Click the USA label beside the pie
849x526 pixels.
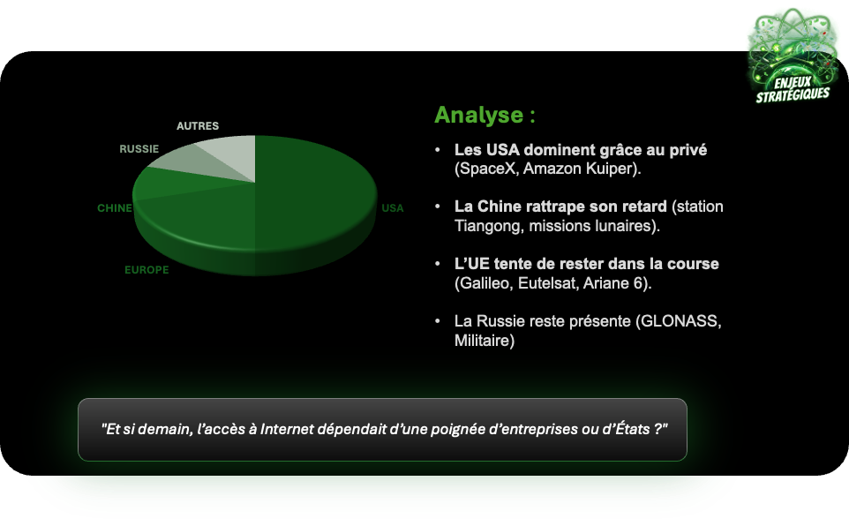[393, 208]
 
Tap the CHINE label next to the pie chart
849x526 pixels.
[114, 208]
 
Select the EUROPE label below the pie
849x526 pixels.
[147, 270]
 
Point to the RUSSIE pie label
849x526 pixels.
[139, 149]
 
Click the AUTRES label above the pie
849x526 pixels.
[198, 125]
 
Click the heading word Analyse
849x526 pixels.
[478, 115]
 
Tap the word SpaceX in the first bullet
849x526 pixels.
[487, 169]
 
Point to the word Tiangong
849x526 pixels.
[488, 226]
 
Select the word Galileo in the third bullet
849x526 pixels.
[484, 283]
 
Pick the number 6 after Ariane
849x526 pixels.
[638, 283]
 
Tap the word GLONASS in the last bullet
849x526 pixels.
[679, 321]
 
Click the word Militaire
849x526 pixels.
[482, 341]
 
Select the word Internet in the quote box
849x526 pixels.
[287, 429]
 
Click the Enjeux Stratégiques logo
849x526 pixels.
[793, 56]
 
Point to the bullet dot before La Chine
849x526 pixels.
[438, 207]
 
